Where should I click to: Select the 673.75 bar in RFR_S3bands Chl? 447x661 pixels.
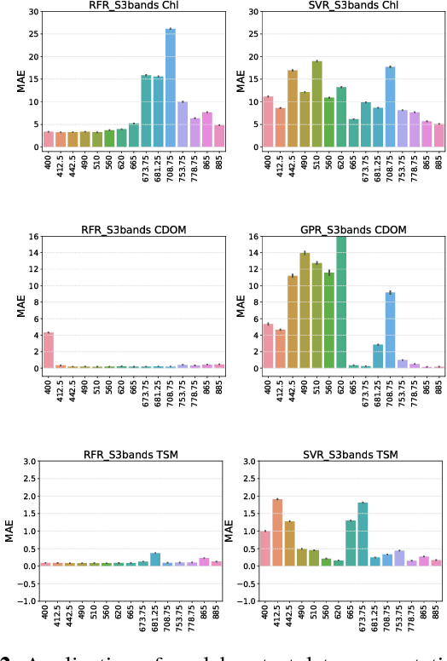coord(146,111)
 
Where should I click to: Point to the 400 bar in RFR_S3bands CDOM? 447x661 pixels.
coord(48,350)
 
